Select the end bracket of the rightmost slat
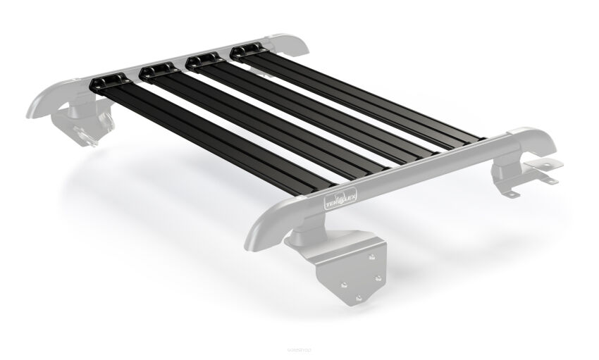coord(247,51)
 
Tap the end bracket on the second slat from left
coord(156,71)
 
